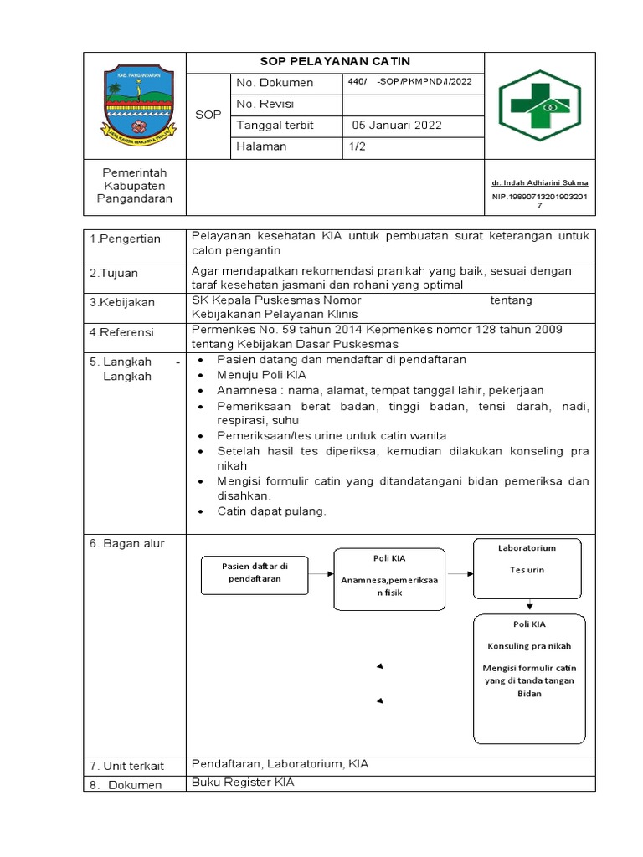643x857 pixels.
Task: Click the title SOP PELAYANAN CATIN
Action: click(x=335, y=62)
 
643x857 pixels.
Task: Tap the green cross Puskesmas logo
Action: click(x=540, y=105)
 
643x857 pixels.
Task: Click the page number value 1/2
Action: click(x=357, y=146)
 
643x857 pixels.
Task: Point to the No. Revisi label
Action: click(x=265, y=105)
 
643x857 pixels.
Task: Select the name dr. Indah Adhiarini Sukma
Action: click(x=539, y=182)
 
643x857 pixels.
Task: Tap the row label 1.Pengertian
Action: click(x=125, y=239)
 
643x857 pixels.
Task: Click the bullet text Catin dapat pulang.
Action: click(x=271, y=511)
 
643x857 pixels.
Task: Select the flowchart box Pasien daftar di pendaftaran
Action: click(x=254, y=572)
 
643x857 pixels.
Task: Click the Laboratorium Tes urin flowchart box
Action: click(x=527, y=569)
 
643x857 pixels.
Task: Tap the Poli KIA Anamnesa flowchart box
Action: click(x=388, y=575)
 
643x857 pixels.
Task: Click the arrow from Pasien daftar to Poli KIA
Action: click(x=321, y=574)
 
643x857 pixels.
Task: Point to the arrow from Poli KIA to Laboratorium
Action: click(x=457, y=574)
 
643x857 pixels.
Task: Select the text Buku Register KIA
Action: click(x=243, y=783)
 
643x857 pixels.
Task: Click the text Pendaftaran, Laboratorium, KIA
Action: click(x=280, y=764)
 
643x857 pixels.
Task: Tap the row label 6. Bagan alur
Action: click(x=126, y=543)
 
